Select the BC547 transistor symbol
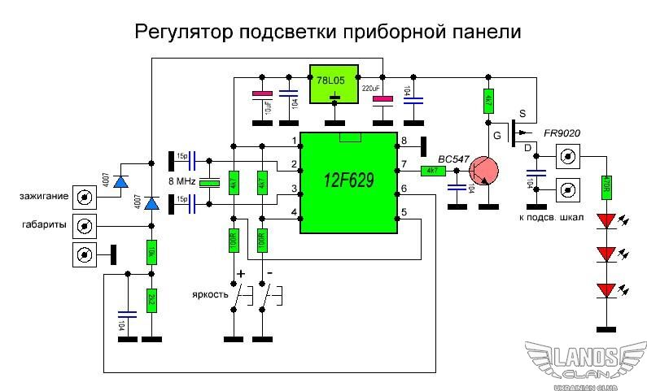point(486,171)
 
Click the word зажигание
point(45,196)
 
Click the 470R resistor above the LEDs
point(605,189)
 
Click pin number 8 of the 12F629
point(402,141)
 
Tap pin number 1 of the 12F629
point(294,141)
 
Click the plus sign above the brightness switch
point(240,274)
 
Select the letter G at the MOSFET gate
point(495,136)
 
